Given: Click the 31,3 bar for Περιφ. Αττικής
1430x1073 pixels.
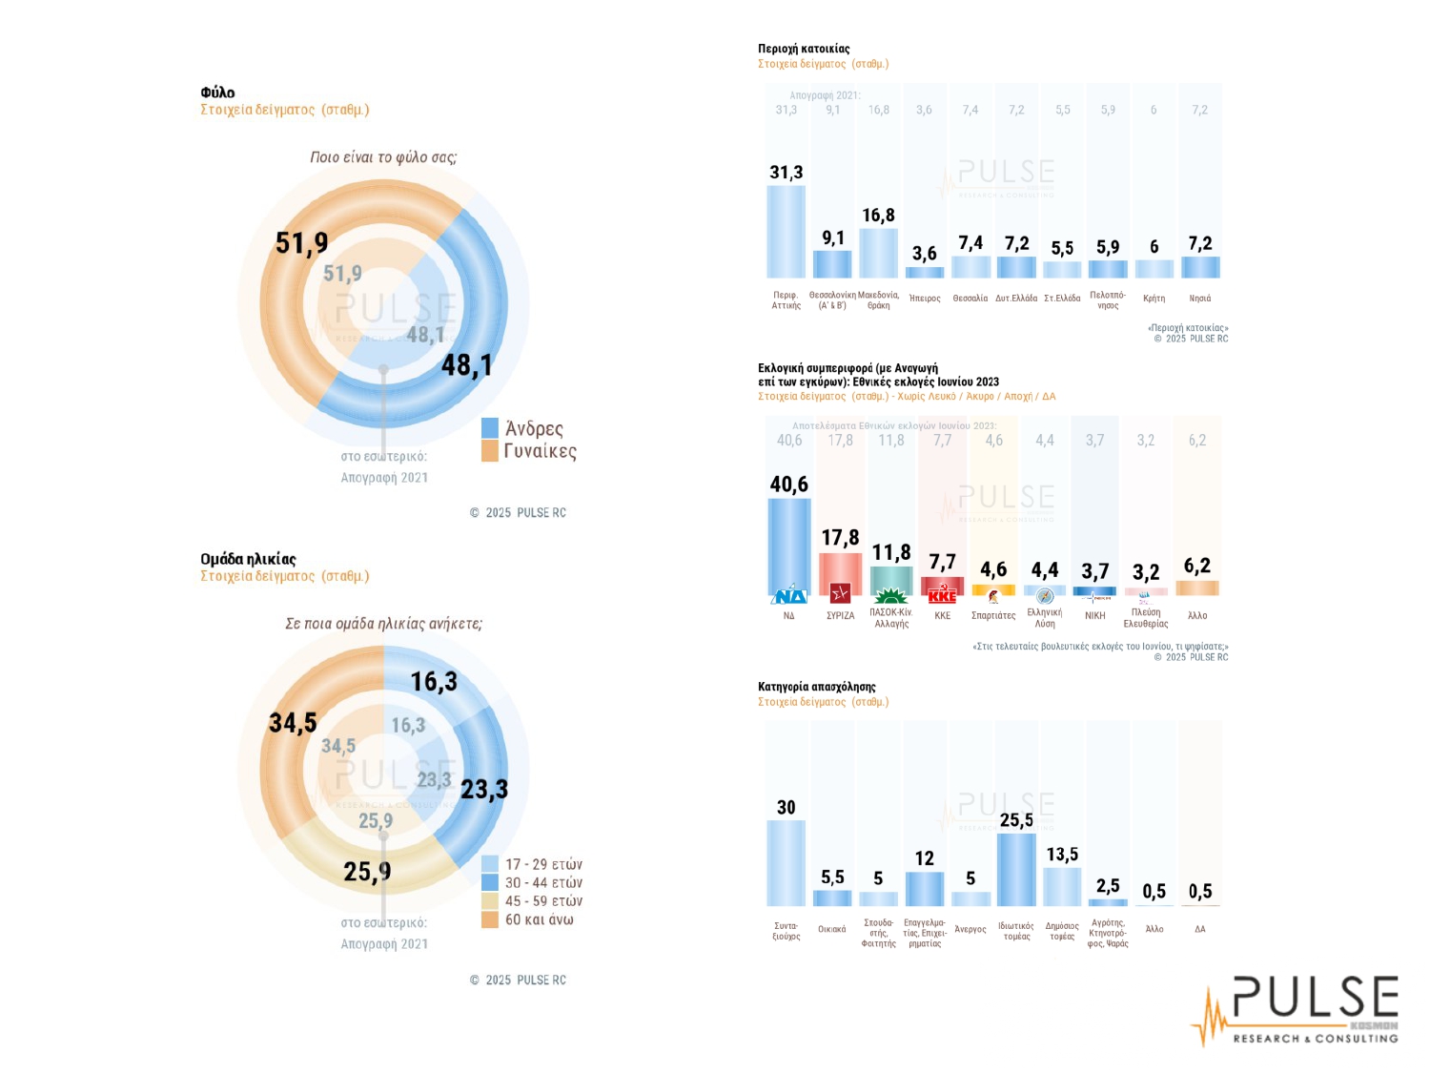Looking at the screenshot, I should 786,232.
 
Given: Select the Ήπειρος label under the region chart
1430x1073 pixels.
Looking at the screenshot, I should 925,299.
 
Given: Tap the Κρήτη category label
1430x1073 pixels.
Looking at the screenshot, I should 1154,299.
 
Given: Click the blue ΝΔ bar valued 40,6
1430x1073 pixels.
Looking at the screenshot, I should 788,546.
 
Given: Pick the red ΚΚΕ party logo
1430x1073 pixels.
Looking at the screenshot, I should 942,596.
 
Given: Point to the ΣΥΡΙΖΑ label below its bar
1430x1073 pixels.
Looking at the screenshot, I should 840,616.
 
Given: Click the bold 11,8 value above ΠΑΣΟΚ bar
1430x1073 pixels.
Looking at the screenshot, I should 891,552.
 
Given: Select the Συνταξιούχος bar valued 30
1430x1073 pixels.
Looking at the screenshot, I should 786,863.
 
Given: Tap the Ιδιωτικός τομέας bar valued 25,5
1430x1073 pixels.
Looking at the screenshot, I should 1016,869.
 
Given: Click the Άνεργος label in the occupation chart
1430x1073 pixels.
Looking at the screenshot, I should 970,929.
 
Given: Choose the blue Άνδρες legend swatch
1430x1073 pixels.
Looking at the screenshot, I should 490,428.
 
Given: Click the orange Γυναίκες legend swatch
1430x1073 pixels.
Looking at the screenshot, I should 490,451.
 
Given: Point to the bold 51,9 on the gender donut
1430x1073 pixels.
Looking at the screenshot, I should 301,243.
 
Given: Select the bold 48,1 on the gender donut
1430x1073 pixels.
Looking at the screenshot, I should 467,365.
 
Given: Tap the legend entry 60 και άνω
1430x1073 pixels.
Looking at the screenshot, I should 539,919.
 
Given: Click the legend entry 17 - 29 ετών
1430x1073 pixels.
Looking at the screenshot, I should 543,864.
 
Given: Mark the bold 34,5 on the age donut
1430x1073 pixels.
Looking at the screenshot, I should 293,723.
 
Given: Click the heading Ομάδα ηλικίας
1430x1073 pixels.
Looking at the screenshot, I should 248,559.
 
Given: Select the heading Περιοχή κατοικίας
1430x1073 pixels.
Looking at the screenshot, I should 804,49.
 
